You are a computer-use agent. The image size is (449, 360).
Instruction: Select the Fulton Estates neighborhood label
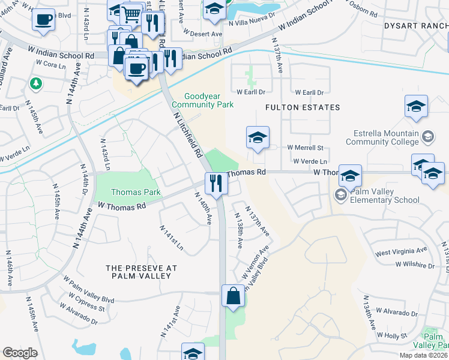point(303,107)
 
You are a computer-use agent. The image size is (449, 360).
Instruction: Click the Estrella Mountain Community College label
point(382,137)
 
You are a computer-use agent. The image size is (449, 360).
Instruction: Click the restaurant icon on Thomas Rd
point(215,182)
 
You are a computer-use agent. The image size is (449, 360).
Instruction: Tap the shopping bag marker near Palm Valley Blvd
point(233,296)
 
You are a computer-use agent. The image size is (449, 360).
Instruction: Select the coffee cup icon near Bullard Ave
point(43,19)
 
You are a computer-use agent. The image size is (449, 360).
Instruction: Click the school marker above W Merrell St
point(258,137)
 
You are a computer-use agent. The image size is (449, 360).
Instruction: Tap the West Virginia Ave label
point(401,250)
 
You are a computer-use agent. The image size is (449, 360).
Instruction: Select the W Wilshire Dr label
point(415,265)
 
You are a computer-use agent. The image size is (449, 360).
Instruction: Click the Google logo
point(20,353)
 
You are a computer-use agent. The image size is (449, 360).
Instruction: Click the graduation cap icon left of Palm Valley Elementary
point(350,175)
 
